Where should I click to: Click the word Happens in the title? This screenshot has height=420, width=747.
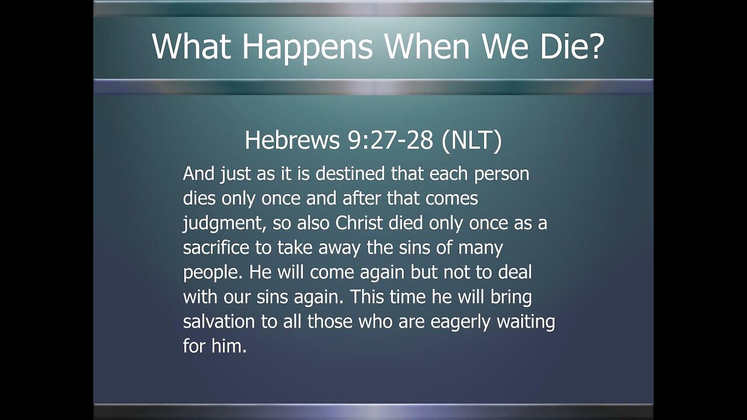click(x=307, y=46)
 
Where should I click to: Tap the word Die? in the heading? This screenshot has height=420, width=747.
click(x=564, y=46)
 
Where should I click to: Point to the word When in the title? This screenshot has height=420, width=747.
click(x=427, y=46)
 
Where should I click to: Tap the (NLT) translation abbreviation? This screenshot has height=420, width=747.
click(x=472, y=141)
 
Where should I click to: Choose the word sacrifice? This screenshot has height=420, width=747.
click(x=217, y=248)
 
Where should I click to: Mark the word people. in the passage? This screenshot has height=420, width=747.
click(x=209, y=273)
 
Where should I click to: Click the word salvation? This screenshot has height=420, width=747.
click(x=219, y=321)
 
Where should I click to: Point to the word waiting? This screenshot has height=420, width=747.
click(x=526, y=322)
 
